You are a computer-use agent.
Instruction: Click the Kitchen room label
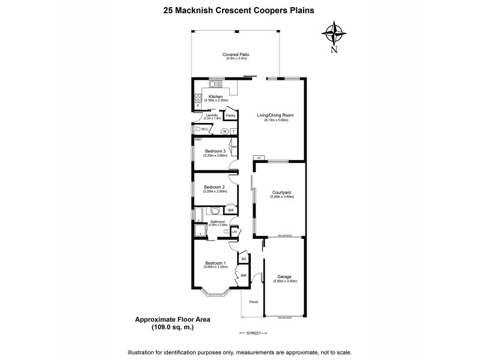pyautogui.click(x=215, y=97)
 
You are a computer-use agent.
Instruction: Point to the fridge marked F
pyautogui.click(x=196, y=106)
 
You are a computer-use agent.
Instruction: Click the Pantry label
pyautogui.click(x=230, y=115)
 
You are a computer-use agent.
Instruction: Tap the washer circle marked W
pyautogui.click(x=224, y=131)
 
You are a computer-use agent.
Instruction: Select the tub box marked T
pyautogui.click(x=233, y=131)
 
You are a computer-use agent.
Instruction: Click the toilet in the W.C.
pyautogui.click(x=197, y=129)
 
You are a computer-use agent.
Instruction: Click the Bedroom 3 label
pyautogui.click(x=215, y=151)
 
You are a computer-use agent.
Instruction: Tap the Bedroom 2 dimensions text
pyautogui.click(x=215, y=191)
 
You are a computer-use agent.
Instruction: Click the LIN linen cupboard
pyautogui.click(x=234, y=231)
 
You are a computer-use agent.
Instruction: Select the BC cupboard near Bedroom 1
pyautogui.click(x=243, y=259)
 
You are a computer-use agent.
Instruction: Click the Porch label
pyautogui.click(x=253, y=302)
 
